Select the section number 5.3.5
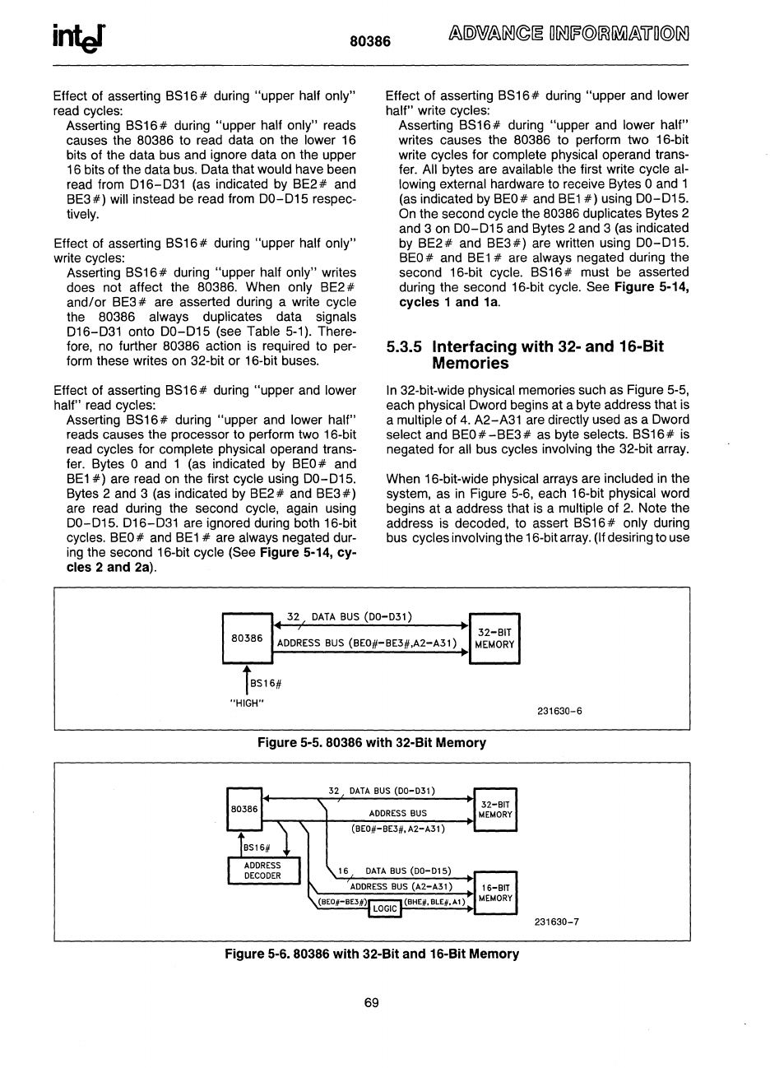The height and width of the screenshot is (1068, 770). point(406,347)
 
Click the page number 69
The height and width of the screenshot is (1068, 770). point(371,1002)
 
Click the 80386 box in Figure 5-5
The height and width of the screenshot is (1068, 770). point(248,638)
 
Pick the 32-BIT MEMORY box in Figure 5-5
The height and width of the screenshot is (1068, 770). point(494,638)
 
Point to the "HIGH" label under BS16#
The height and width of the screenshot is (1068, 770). point(245,702)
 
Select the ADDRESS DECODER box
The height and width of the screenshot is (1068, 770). point(262,871)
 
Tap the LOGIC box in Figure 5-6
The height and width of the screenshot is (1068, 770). point(385,908)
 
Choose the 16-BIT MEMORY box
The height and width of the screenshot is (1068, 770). point(495,893)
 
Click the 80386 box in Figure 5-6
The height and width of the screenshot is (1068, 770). point(244,809)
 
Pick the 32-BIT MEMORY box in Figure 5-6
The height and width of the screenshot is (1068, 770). point(495,809)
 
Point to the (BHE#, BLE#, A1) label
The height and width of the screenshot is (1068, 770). point(434,902)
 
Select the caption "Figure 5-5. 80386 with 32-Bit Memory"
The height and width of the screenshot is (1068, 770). point(372,743)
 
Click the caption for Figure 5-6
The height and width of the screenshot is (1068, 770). point(372,954)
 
